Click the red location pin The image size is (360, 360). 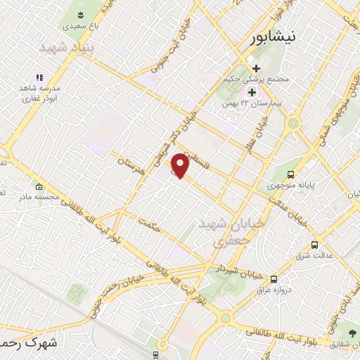click(x=181, y=166)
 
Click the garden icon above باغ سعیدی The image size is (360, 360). click(x=81, y=15)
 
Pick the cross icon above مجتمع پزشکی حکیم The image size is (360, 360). click(x=256, y=69)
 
